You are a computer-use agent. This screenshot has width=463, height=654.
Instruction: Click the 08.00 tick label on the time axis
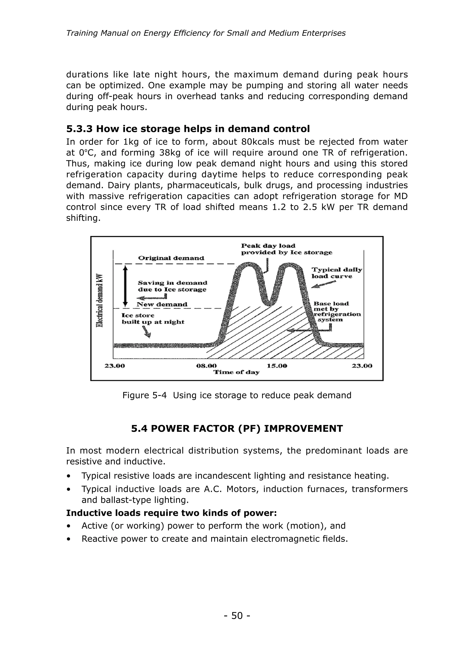point(206,366)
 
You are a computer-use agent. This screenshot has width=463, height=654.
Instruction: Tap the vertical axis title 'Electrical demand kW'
point(100,301)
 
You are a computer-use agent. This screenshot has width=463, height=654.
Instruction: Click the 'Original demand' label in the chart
point(171,258)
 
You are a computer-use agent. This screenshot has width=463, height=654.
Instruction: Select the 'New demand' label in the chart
point(162,304)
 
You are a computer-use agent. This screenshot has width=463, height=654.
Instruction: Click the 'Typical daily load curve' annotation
point(336,273)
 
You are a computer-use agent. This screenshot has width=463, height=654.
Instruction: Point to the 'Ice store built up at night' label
point(153,319)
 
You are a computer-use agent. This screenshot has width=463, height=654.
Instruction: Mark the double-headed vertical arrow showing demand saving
point(125,286)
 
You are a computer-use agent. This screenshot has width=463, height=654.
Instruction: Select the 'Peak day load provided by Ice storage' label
point(286,249)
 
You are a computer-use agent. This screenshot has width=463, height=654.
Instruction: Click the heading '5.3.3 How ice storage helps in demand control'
point(188,129)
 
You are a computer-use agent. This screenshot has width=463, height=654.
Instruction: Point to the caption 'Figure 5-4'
point(144,395)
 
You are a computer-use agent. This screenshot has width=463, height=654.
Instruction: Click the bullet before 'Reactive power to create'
point(69,539)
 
